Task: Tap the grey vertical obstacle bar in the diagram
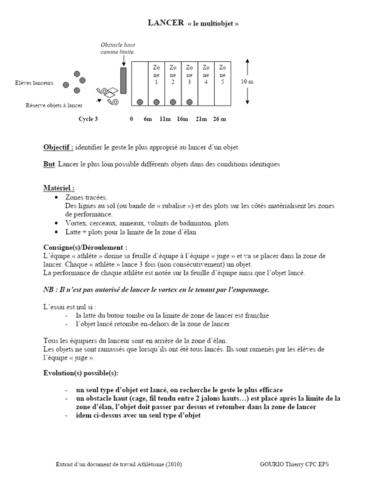pos(123,81)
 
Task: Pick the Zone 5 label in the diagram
pos(223,74)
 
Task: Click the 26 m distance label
pos(220,119)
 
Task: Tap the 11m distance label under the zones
pos(164,119)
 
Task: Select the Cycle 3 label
pos(88,119)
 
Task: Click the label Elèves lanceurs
pos(34,82)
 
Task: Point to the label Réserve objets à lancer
pos(53,105)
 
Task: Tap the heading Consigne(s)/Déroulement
pos(85,248)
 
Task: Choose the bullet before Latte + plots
pos(56,232)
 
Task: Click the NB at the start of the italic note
pos(48,289)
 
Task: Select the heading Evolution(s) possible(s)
pos(81,372)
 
